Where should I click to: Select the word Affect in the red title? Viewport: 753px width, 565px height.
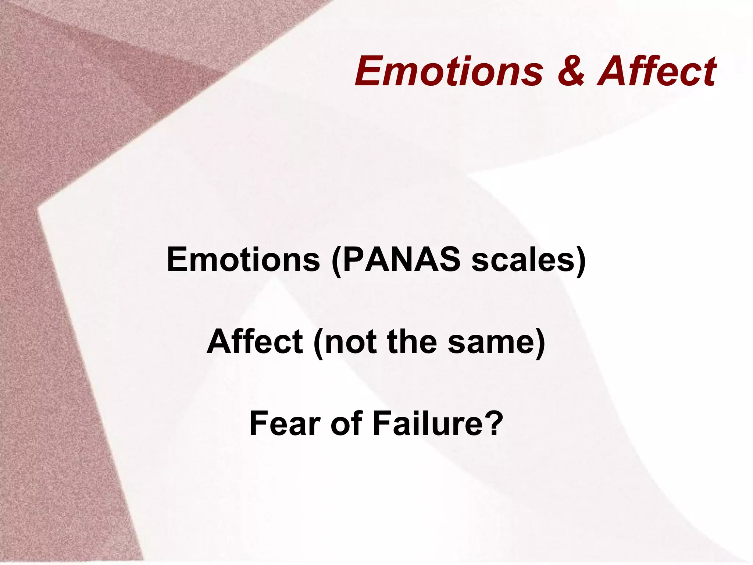(x=657, y=71)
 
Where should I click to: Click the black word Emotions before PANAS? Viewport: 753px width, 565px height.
(x=243, y=260)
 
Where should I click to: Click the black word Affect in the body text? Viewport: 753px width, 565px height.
(x=255, y=342)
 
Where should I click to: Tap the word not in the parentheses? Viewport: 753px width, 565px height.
(x=351, y=342)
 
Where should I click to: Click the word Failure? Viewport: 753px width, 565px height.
(x=427, y=424)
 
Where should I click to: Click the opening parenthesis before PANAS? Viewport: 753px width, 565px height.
(x=335, y=261)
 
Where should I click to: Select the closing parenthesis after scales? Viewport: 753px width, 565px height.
(x=580, y=261)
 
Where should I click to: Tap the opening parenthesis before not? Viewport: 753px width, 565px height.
(x=318, y=343)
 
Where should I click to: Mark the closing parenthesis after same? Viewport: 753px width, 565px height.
(x=539, y=343)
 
